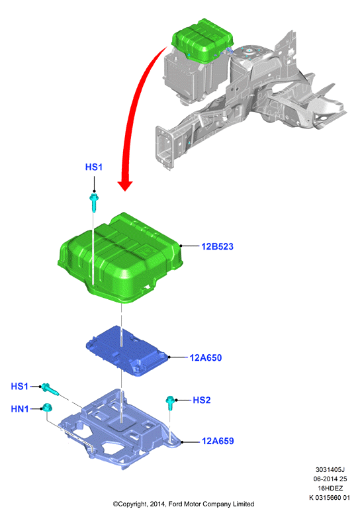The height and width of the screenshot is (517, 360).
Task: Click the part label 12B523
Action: [x=217, y=246]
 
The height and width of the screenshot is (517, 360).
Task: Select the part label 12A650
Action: [x=206, y=357]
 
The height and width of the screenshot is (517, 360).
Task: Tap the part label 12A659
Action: [x=218, y=441]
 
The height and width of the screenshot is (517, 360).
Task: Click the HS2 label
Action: [x=201, y=400]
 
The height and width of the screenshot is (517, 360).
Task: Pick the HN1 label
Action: [x=20, y=409]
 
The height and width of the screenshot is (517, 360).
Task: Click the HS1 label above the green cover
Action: [x=93, y=167]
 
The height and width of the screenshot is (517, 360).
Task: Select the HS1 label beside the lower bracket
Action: [x=19, y=386]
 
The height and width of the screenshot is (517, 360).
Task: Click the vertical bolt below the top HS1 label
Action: [x=94, y=203]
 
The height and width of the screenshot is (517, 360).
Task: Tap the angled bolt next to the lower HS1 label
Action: [x=50, y=389]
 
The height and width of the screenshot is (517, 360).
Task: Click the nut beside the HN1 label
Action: [x=47, y=408]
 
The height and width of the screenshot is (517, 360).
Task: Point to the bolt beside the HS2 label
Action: [x=170, y=403]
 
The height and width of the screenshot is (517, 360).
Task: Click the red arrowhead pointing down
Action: [x=125, y=186]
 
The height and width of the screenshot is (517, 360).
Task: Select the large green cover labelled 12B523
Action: [x=120, y=258]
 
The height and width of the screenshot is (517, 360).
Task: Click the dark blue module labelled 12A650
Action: [x=128, y=350]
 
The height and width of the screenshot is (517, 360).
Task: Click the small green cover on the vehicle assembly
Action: [x=202, y=40]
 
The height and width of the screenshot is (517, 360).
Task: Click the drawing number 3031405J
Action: [x=330, y=469]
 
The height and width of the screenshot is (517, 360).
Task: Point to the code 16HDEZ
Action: [x=330, y=488]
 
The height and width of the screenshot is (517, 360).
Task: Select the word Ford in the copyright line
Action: [x=175, y=504]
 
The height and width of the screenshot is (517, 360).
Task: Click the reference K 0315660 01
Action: [x=330, y=498]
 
